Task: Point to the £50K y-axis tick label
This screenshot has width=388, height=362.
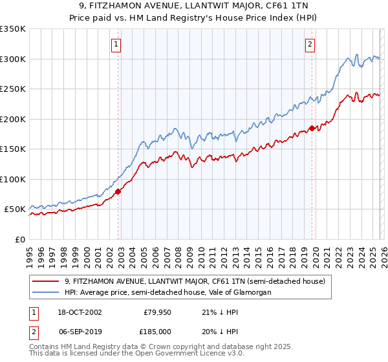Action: (14, 209)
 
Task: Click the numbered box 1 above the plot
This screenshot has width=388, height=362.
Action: (116, 45)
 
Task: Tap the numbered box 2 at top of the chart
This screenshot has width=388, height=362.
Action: (310, 45)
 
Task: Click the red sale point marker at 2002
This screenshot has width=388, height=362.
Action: (118, 191)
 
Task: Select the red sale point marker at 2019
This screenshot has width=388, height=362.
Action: (312, 128)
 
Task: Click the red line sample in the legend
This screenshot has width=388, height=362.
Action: (47, 281)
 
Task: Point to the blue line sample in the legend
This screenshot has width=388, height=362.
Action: (47, 292)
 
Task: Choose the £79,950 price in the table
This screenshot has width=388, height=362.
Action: (156, 312)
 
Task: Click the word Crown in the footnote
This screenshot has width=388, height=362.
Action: (166, 348)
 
